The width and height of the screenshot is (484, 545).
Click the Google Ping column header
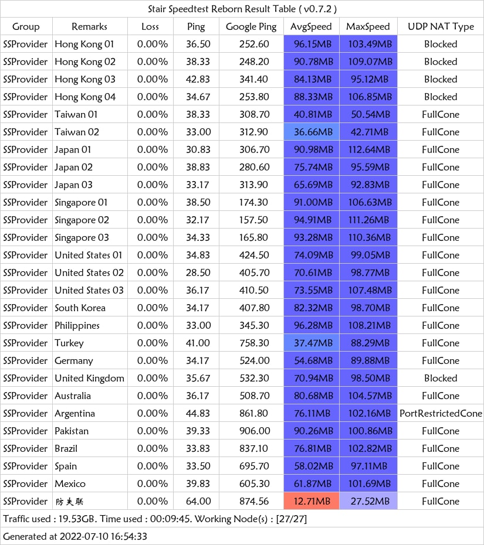(251, 27)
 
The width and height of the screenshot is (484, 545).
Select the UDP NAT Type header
(441, 27)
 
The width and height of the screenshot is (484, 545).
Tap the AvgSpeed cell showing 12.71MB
(312, 501)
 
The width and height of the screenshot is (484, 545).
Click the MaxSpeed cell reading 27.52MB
(368, 501)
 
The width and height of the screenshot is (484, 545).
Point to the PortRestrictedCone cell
(441, 413)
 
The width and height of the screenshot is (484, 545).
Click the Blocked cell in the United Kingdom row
(441, 378)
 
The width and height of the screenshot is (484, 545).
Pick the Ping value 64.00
(198, 501)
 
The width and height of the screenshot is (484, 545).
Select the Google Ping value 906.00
(255, 431)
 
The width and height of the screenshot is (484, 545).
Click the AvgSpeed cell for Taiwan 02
(312, 132)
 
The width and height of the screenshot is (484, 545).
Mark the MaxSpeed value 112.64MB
(369, 150)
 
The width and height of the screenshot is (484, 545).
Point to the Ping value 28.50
(198, 273)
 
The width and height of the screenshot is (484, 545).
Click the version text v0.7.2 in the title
(317, 9)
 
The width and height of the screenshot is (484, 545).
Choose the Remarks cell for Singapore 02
(82, 220)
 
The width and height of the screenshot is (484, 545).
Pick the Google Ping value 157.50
(253, 220)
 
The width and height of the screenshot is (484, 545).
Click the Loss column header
(150, 27)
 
